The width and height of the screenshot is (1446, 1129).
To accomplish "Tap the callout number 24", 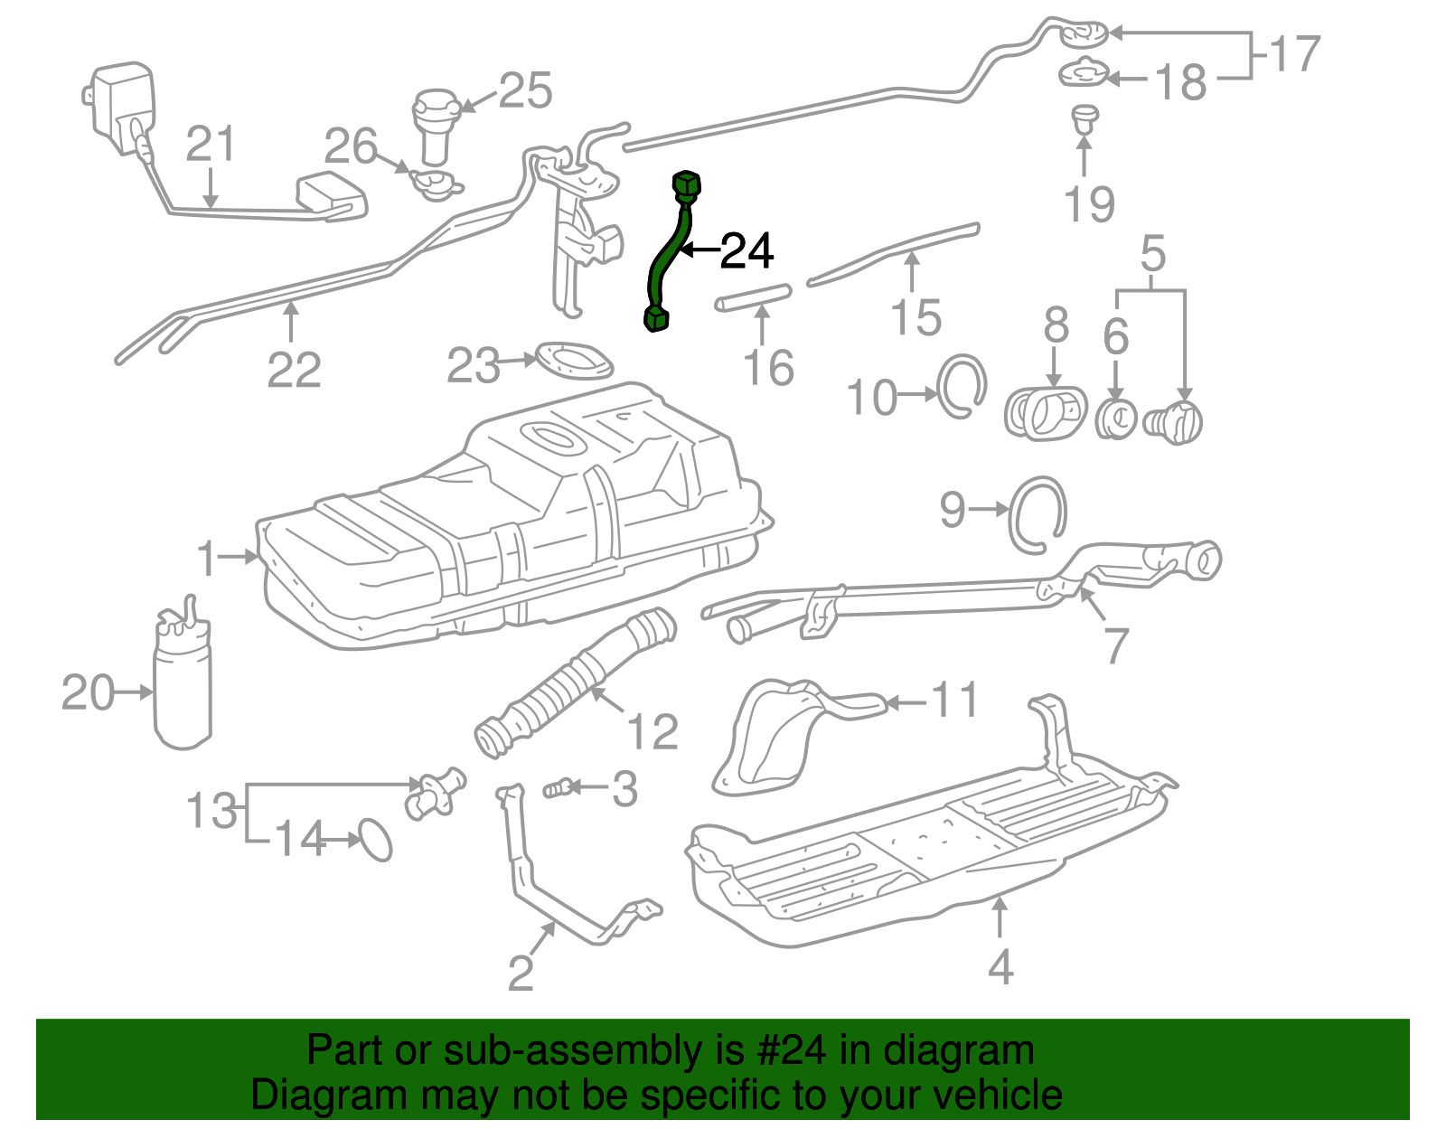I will (746, 251).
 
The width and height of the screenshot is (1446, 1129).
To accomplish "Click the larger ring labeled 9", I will (1038, 515).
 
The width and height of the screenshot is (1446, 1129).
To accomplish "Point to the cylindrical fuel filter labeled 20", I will (183, 687).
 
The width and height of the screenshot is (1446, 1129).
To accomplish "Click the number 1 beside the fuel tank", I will (207, 559).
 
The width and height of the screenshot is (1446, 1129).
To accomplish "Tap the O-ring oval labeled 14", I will (376, 840).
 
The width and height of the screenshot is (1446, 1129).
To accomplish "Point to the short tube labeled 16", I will (753, 298).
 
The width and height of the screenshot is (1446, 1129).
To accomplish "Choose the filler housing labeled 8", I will (1045, 414).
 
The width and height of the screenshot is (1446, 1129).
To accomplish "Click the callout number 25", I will (525, 91).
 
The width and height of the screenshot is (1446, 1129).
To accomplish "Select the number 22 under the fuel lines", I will (294, 370).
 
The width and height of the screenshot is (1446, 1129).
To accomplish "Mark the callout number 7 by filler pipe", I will (1117, 645).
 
